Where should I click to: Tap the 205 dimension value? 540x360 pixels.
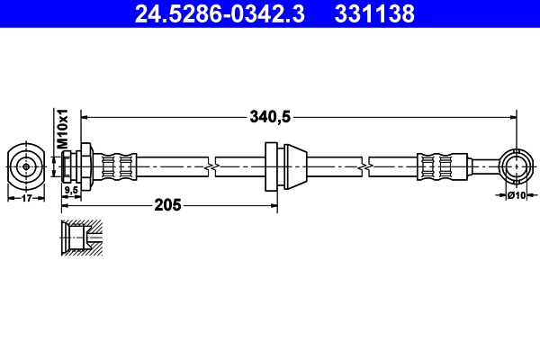pyautogui.click(x=167, y=205)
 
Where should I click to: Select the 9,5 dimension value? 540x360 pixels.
pyautogui.click(x=69, y=190)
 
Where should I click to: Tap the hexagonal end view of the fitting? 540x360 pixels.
pyautogui.click(x=26, y=166)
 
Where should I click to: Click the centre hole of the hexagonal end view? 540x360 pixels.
pyautogui.click(x=26, y=166)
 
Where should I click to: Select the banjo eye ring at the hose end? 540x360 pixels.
pyautogui.click(x=517, y=166)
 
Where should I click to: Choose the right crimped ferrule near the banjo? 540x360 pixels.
pyautogui.click(x=435, y=166)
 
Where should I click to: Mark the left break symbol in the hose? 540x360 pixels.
pyautogui.click(x=211, y=166)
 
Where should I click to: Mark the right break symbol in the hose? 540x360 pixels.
pyautogui.click(x=364, y=166)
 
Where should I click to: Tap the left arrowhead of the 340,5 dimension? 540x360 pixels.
pyautogui.click(x=86, y=115)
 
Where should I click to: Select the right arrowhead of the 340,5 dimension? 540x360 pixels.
pyautogui.click(x=512, y=115)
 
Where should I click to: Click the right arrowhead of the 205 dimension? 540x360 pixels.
pyautogui.click(x=274, y=205)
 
